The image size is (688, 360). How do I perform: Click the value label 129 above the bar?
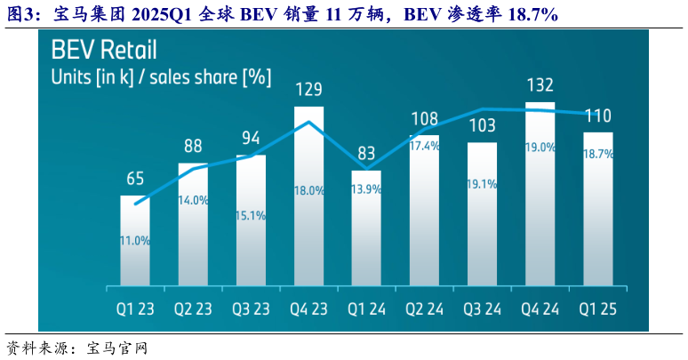coord(309,90)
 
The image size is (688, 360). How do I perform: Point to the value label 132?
coord(540,86)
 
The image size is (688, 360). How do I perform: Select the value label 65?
coord(135,179)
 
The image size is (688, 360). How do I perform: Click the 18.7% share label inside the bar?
coord(598,154)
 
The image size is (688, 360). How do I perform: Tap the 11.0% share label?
coord(135,240)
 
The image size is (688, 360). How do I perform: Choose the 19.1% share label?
coord(483,184)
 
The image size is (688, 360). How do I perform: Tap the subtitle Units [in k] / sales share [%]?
coord(161,76)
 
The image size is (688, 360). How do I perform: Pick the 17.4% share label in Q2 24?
coord(425,145)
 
